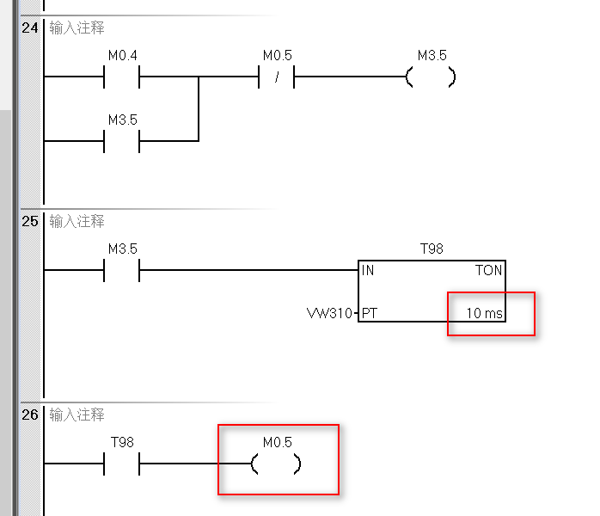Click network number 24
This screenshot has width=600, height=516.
[30, 28]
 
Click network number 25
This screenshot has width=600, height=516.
[30, 221]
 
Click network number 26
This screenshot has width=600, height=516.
[30, 415]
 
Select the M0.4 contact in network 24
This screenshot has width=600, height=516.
[122, 77]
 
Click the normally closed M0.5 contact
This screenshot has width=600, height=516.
[277, 77]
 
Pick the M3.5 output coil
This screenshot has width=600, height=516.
[431, 77]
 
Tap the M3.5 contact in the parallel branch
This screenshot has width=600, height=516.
[122, 140]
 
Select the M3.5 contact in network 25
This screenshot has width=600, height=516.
[122, 270]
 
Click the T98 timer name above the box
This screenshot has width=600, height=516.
[432, 249]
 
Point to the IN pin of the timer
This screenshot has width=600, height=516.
[368, 270]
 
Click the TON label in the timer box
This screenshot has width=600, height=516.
[489, 270]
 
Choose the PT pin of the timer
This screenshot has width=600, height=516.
[369, 313]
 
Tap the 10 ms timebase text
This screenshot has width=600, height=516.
[484, 313]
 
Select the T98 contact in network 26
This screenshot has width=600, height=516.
[122, 464]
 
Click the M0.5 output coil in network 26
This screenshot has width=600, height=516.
[276, 464]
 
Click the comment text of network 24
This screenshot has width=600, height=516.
[77, 28]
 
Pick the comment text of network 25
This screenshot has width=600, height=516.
[77, 221]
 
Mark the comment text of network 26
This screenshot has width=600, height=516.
[77, 415]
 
